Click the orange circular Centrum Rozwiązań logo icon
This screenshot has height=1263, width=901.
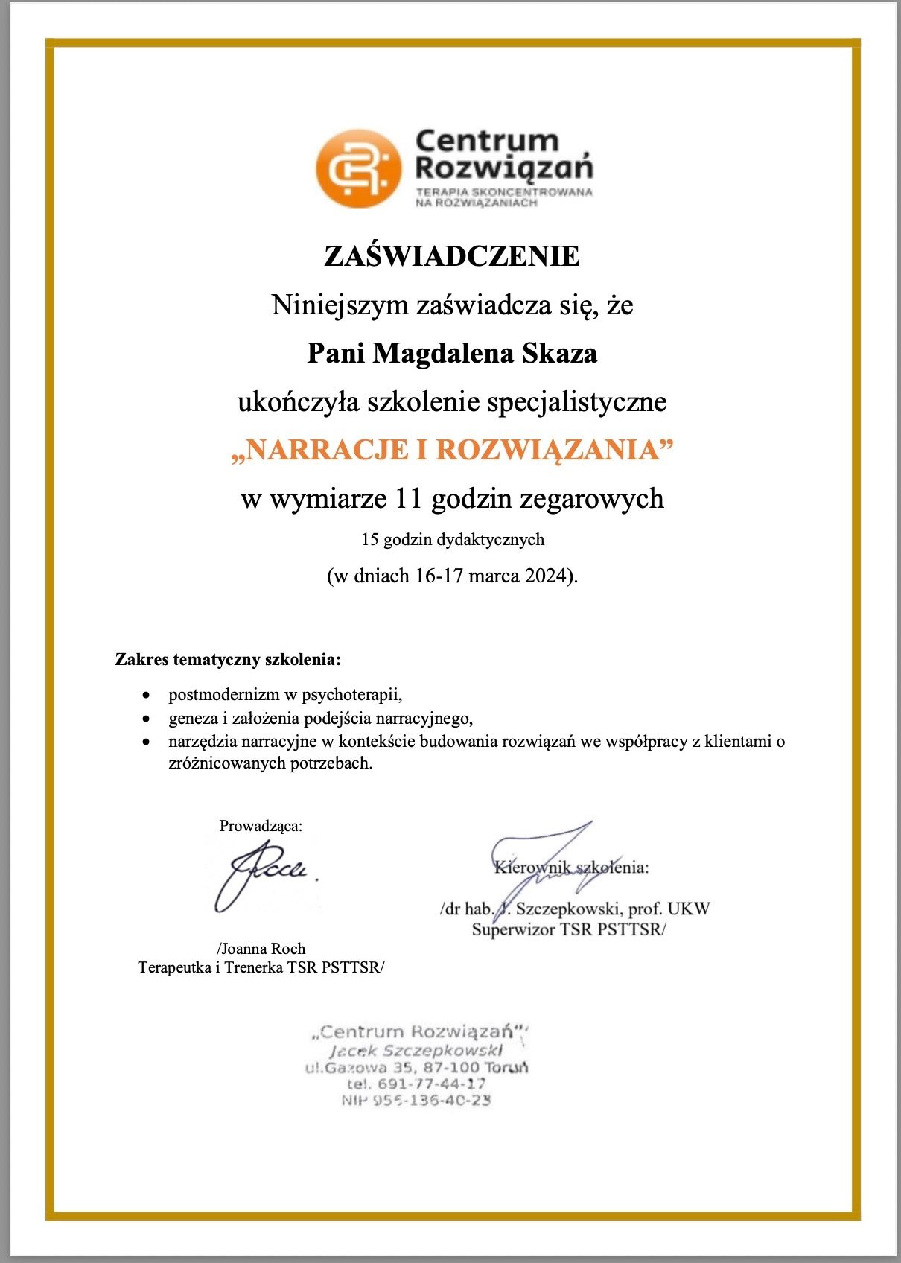pos(358,168)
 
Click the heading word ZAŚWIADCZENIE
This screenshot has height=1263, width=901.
pos(451,256)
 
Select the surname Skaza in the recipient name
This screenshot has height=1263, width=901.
pos(560,353)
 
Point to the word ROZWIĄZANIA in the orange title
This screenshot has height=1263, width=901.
pos(548,450)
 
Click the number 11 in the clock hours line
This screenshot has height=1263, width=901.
pos(409,498)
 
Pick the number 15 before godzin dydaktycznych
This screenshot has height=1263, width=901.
pos(370,539)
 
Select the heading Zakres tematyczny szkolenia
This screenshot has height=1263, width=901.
pos(228,659)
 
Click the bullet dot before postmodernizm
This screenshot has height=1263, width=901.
pos(148,695)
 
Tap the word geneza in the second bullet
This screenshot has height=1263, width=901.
pos(193,719)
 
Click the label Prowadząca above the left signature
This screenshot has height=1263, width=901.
pos(261,825)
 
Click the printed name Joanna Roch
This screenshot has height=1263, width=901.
pos(263,948)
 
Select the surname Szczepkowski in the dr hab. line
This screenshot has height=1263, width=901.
pos(568,909)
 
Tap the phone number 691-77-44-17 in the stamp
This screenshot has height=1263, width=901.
pos(432,1084)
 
